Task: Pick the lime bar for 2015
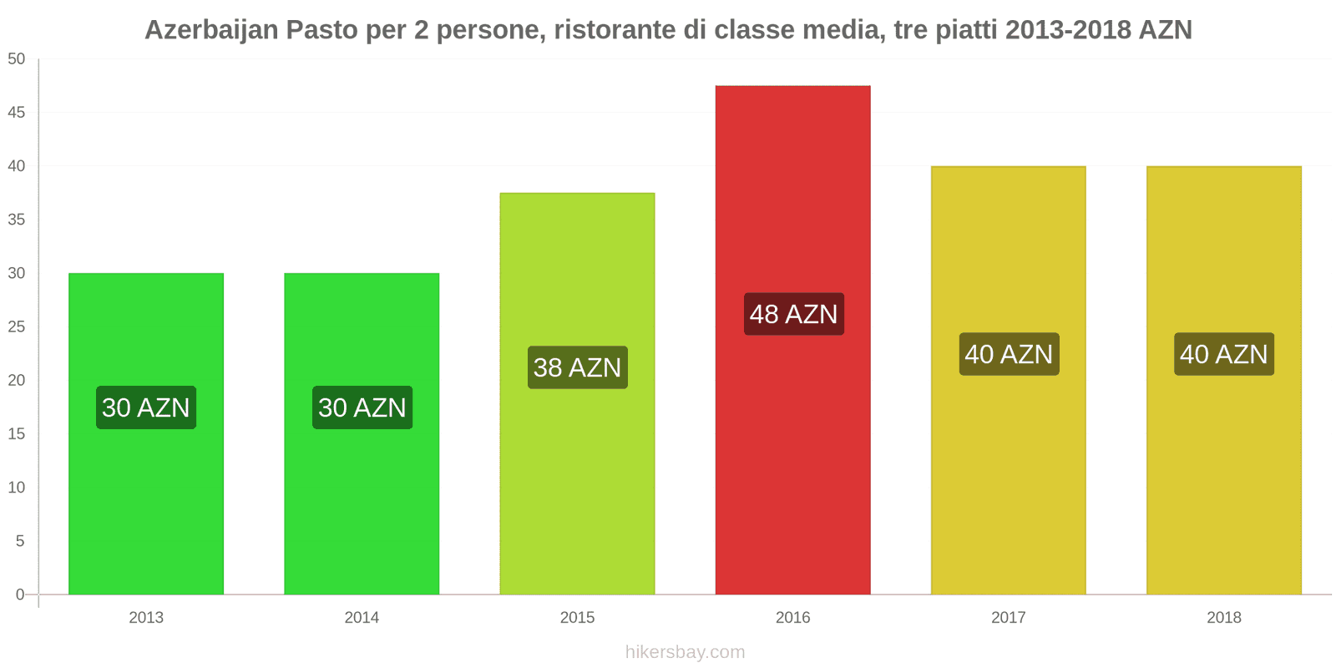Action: coord(577,484)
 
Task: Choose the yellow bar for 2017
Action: coord(1008,484)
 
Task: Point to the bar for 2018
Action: coord(1223,484)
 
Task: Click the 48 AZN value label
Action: coord(793,314)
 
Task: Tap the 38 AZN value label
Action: coord(577,367)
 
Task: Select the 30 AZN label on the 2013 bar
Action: coord(146,407)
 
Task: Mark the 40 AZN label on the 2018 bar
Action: coord(1223,354)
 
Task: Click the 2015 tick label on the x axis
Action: coord(577,618)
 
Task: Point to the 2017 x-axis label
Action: coord(1008,618)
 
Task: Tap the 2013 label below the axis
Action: coord(146,618)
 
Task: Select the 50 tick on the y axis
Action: coord(17,59)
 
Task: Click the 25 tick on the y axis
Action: coord(17,326)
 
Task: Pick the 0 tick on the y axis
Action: coord(20,595)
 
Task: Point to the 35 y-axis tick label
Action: coord(17,220)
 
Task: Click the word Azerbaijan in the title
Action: coord(211,30)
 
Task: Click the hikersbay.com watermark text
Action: coord(685,652)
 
